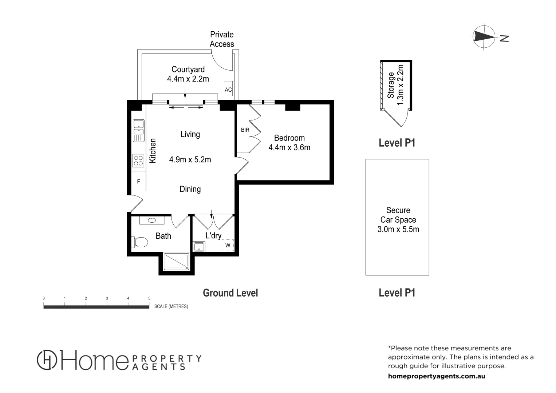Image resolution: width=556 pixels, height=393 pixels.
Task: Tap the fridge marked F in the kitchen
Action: click(x=138, y=181)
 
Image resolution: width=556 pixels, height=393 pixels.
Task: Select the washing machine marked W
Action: click(x=228, y=245)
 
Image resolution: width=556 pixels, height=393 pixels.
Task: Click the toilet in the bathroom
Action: click(x=140, y=242)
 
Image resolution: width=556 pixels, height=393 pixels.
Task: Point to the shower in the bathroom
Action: click(x=177, y=262)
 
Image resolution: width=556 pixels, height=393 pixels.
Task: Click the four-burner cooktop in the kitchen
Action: click(x=138, y=160)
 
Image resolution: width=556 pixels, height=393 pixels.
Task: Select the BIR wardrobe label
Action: click(x=245, y=130)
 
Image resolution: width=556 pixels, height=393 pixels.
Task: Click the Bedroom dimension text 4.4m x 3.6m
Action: click(x=289, y=147)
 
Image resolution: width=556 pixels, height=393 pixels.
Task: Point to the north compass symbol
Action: click(x=484, y=36)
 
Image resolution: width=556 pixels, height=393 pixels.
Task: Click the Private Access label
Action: click(x=222, y=39)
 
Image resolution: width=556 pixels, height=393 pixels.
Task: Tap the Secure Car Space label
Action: click(x=398, y=220)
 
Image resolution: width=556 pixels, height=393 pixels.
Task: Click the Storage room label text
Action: click(x=391, y=85)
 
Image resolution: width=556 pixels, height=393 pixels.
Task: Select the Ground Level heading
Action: click(x=230, y=293)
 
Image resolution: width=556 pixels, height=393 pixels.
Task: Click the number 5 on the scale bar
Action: click(x=149, y=298)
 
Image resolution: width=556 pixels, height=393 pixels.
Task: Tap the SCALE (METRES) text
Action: click(x=171, y=306)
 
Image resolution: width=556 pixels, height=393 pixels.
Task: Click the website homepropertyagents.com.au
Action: click(x=437, y=376)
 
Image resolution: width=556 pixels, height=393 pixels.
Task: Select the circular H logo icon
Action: click(x=47, y=360)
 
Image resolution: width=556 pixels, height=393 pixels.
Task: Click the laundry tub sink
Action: click(x=199, y=247)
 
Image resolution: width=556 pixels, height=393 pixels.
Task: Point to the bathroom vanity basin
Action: click(x=152, y=220)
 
